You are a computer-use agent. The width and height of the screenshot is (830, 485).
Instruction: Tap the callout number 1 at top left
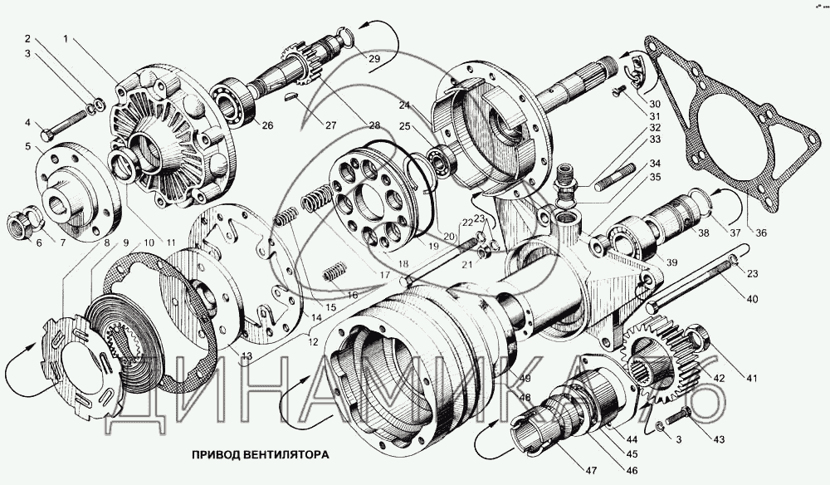click(65, 39)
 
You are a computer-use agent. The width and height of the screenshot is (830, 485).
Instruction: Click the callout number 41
click(751, 379)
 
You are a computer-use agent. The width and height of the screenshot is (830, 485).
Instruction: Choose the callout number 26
click(267, 125)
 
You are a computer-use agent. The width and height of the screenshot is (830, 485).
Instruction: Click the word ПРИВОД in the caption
click(217, 455)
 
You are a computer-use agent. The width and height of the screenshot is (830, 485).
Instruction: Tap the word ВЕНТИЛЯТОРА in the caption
click(287, 455)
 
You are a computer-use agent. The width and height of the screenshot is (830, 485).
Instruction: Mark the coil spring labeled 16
click(334, 272)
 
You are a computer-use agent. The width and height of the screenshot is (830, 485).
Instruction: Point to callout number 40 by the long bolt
click(751, 299)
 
